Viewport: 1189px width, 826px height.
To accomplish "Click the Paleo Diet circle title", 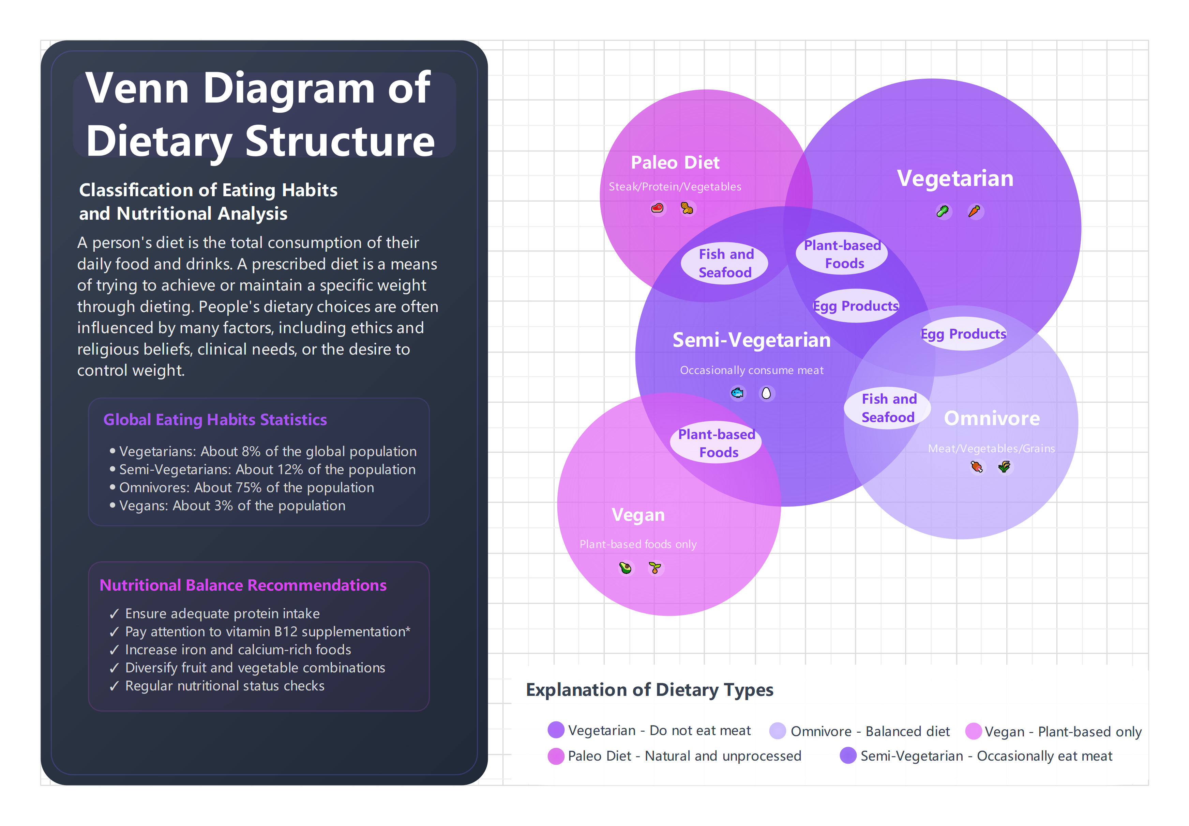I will [x=675, y=162].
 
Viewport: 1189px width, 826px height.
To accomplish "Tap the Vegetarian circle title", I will [x=954, y=178].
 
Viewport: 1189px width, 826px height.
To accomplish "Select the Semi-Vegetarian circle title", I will [x=751, y=340].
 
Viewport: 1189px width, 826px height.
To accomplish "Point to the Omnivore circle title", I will [x=991, y=418].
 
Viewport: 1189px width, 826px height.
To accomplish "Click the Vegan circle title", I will [x=638, y=515].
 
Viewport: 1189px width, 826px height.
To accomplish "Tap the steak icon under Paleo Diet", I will [x=657, y=208].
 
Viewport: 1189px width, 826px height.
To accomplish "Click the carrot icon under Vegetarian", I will [x=974, y=211].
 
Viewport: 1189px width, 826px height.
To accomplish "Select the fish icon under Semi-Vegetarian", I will [x=737, y=393].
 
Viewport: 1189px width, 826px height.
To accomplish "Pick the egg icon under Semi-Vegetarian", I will [x=766, y=393].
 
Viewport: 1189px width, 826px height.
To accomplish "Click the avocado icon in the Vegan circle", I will [x=626, y=568].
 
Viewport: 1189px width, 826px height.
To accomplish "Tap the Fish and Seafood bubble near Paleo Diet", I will [x=725, y=263].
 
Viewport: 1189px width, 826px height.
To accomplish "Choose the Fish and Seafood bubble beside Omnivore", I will [x=888, y=408].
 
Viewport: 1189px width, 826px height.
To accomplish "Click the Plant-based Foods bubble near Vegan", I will [x=717, y=443].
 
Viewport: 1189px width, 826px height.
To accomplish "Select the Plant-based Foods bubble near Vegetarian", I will [x=843, y=254].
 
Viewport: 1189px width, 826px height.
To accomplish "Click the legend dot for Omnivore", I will [x=777, y=731].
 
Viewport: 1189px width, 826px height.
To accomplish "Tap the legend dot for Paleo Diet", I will [x=556, y=756].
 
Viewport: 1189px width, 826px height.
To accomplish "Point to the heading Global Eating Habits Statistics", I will [x=215, y=420].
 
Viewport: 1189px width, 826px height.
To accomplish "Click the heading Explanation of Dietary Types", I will [x=649, y=690].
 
